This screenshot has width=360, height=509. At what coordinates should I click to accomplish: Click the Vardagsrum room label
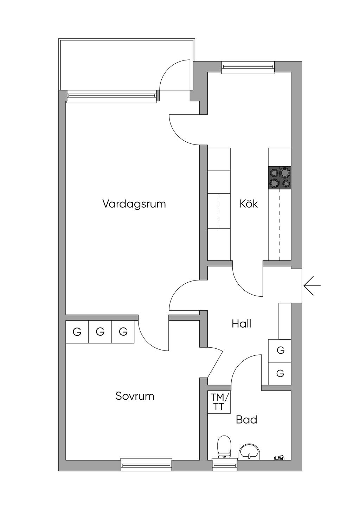(x=134, y=204)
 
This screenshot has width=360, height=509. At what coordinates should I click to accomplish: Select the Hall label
(x=242, y=324)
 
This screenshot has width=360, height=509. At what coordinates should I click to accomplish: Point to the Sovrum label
(x=135, y=396)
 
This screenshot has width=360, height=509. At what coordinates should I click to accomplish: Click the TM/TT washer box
(x=219, y=402)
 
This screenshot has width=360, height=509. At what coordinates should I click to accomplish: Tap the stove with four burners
(x=279, y=178)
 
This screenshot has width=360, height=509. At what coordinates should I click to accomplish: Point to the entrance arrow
(x=312, y=286)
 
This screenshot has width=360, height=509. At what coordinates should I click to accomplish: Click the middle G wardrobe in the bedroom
(x=100, y=332)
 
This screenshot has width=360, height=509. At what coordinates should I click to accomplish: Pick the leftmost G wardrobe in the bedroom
(x=77, y=332)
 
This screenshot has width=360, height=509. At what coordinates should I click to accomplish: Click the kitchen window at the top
(x=248, y=67)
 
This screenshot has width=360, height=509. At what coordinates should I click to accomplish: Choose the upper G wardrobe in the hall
(x=279, y=351)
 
